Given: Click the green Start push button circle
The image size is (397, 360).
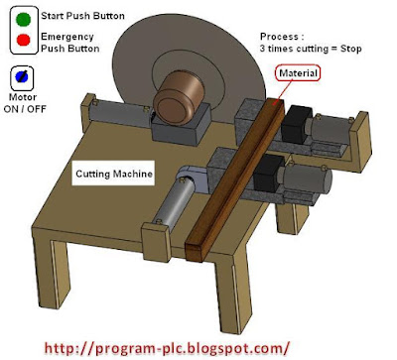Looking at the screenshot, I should pyautogui.click(x=17, y=18).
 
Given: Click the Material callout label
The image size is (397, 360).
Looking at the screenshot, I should pyautogui.click(x=307, y=73).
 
